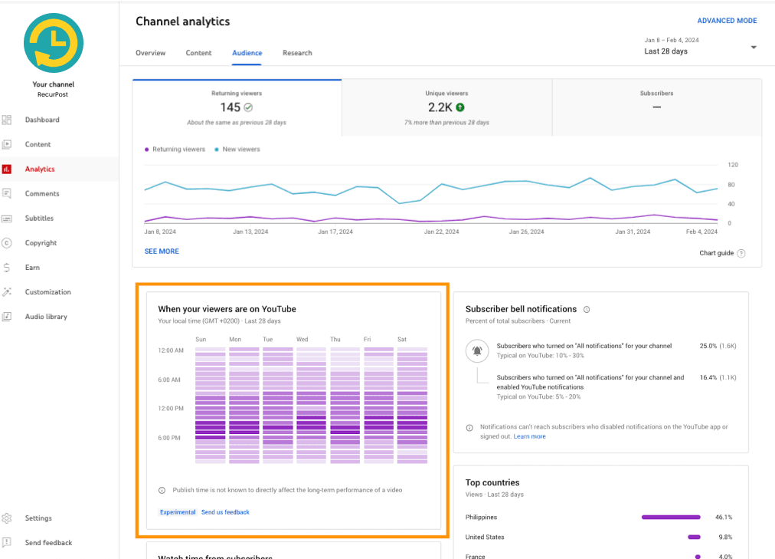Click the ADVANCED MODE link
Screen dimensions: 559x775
click(x=727, y=21)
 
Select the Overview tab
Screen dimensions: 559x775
click(x=150, y=53)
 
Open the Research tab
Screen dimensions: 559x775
click(x=297, y=53)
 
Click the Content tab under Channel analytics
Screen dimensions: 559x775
click(x=198, y=53)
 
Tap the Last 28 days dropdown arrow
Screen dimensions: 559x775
click(x=754, y=48)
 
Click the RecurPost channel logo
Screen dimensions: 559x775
click(x=54, y=43)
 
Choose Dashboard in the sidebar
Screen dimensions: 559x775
click(x=41, y=120)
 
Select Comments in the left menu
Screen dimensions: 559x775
click(x=41, y=194)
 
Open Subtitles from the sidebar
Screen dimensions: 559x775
click(x=40, y=219)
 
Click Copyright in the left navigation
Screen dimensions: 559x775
click(x=41, y=243)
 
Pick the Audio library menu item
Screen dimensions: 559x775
click(x=46, y=317)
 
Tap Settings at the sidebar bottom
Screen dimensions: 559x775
click(x=38, y=518)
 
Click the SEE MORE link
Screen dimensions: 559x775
click(x=162, y=252)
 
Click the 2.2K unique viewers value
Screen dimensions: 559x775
click(x=440, y=108)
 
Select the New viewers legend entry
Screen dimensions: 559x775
click(x=240, y=150)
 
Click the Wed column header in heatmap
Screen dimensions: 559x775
click(x=302, y=340)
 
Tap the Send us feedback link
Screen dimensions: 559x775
click(x=225, y=512)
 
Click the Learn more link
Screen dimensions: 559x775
click(x=530, y=436)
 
